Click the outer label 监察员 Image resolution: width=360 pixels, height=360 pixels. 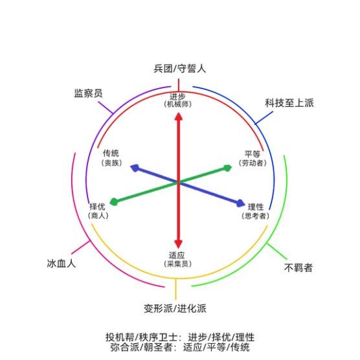point(88,93)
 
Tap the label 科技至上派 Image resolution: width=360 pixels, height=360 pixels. point(289,103)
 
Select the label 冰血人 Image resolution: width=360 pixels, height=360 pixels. point(62,264)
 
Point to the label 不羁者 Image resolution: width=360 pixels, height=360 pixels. point(298,267)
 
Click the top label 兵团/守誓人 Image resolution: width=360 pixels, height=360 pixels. point(179,69)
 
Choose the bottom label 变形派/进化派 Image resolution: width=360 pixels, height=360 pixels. point(175,308)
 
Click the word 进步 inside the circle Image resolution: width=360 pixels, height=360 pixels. point(177,96)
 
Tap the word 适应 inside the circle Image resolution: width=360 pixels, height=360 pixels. point(177,255)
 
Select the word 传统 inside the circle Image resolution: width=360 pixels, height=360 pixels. point(111,153)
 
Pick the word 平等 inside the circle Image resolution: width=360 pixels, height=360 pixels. point(252,153)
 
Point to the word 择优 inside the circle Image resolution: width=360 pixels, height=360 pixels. point(97,207)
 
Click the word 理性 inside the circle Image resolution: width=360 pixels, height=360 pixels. point(256,207)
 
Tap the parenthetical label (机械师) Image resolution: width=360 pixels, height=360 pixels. point(177,104)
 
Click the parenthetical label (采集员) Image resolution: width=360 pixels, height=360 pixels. point(177,264)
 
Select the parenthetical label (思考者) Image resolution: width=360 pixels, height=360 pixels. point(255,216)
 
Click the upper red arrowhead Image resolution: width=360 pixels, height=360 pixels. point(179,117)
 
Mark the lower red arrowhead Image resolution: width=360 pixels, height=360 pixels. point(179,244)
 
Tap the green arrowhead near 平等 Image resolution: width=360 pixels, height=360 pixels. point(227,168)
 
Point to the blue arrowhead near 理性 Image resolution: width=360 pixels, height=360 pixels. point(240,203)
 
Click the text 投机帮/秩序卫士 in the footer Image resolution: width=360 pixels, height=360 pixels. point(141,337)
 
